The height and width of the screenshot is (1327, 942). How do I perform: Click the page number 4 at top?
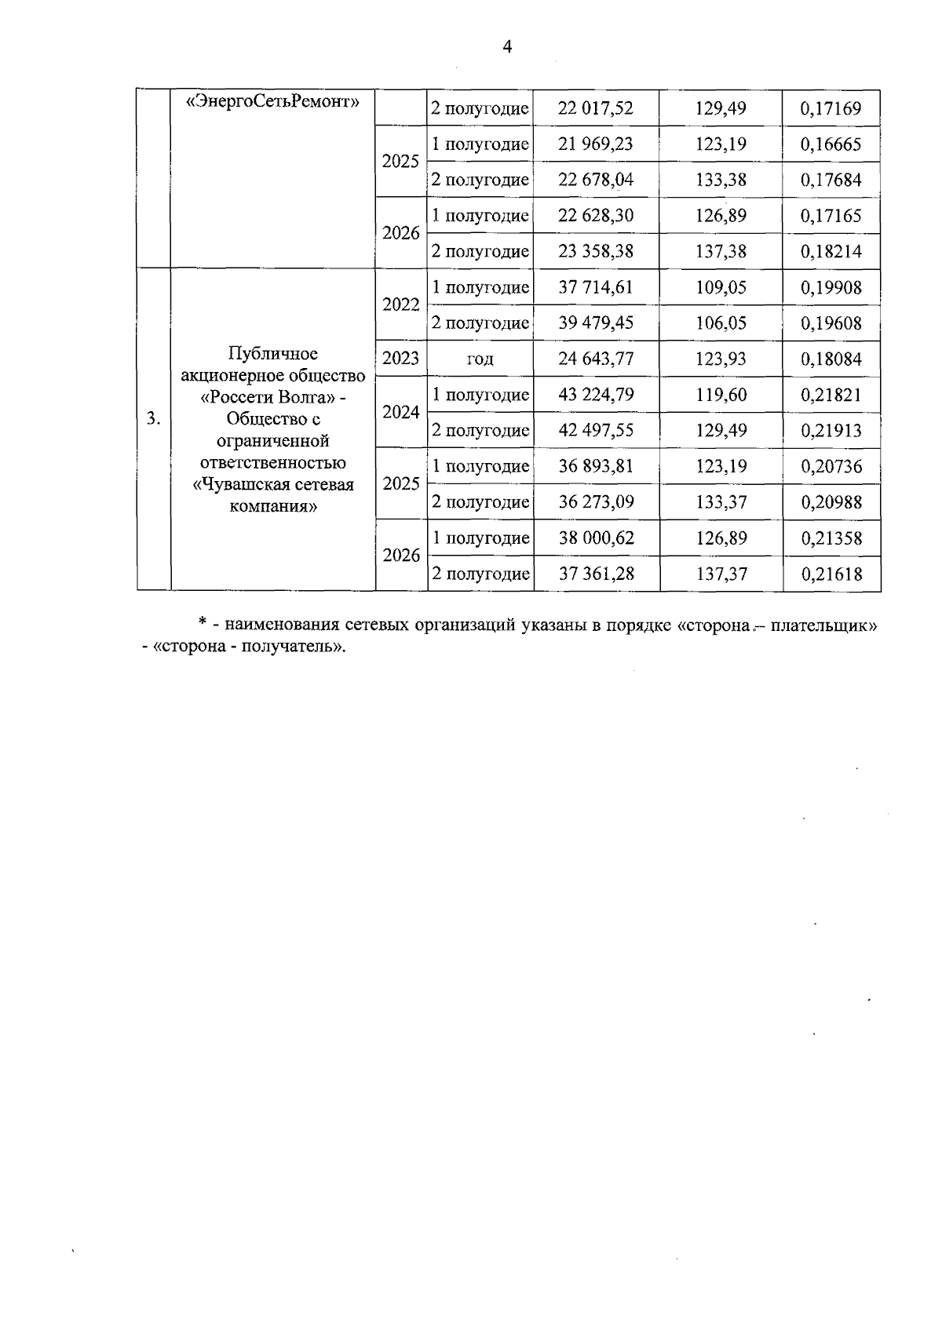coord(506,48)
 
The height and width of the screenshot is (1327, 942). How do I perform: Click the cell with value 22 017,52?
coord(595,108)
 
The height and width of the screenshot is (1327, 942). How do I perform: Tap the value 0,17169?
coord(831,108)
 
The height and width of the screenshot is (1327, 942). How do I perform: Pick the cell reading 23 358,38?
coord(595,252)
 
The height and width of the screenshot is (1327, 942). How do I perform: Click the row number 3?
coord(153,419)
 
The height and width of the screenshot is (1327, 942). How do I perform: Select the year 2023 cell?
coord(400,359)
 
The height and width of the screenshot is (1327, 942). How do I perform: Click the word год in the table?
coord(480,359)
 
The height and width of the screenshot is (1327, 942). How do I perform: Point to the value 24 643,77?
coord(595,359)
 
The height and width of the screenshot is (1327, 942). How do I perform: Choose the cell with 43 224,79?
coord(595,395)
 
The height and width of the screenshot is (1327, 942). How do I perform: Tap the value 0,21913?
coord(831,431)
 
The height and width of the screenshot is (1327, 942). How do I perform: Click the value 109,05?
coord(721,288)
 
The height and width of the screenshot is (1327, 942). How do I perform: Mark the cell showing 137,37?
coord(721,574)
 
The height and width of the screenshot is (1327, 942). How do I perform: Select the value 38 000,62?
coord(595,538)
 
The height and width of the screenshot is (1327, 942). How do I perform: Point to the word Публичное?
coord(272,353)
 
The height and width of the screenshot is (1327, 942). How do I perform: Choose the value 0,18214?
coord(831,252)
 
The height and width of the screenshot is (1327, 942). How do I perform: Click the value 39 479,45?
coord(595,323)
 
